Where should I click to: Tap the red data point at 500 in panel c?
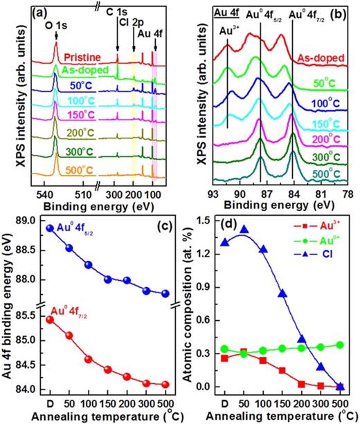(x=165, y=385)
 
